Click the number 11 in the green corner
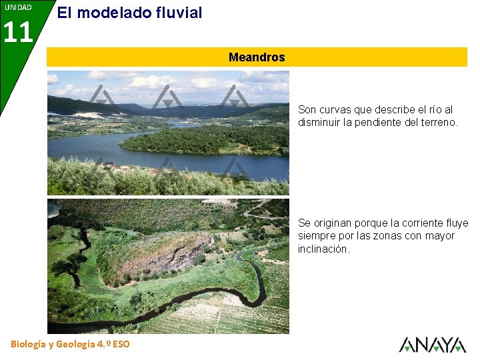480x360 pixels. pyautogui.click(x=18, y=32)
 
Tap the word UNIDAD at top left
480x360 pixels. pyautogui.click(x=17, y=7)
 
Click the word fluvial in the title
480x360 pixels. pyautogui.click(x=175, y=12)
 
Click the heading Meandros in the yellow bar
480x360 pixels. pyautogui.click(x=257, y=57)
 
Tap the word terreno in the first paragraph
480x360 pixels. pyautogui.click(x=439, y=122)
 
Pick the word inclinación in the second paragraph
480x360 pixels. pyautogui.click(x=323, y=249)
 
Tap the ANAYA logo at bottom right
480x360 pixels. pyautogui.click(x=432, y=345)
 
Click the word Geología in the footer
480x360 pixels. pyautogui.click(x=81, y=344)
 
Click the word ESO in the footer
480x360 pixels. pyautogui.click(x=122, y=344)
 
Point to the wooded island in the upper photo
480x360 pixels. pyautogui.click(x=200, y=139)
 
